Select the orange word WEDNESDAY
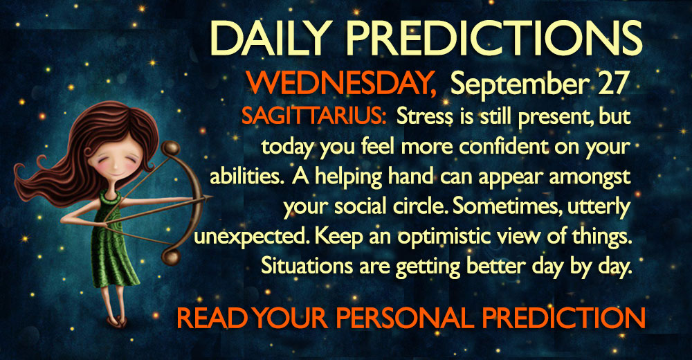341,84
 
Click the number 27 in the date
612,84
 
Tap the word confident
501,147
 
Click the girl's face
116,159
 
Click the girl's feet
116,321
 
